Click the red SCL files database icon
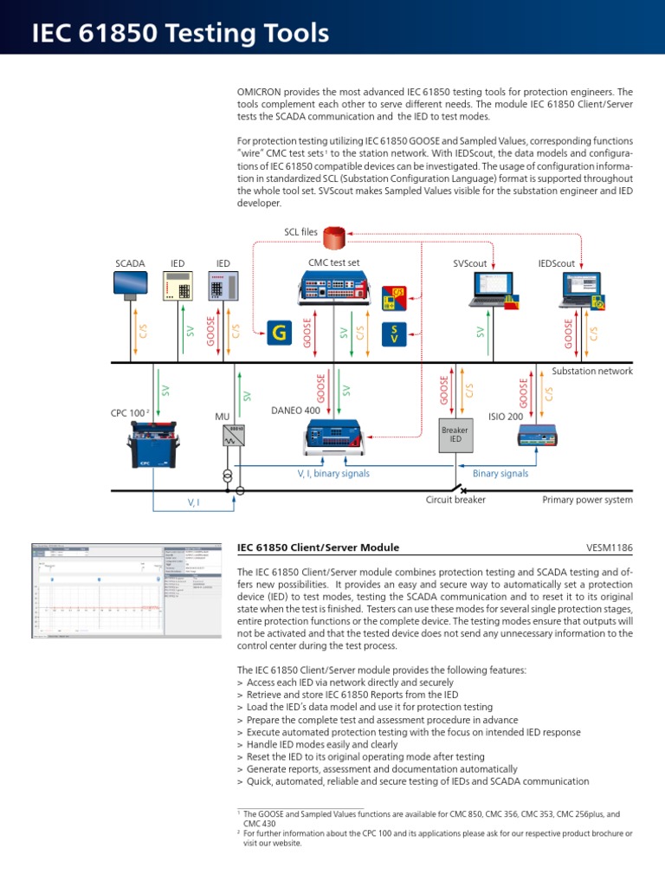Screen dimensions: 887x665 pyautogui.click(x=334, y=234)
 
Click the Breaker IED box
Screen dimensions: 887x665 pyautogui.click(x=454, y=435)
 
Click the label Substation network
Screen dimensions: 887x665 pyautogui.click(x=591, y=371)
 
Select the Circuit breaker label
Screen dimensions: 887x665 pyautogui.click(x=455, y=500)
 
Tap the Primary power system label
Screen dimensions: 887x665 pyautogui.click(x=587, y=500)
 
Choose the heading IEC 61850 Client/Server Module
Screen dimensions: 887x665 pyautogui.click(x=318, y=547)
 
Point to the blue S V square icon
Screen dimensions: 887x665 pyautogui.click(x=395, y=334)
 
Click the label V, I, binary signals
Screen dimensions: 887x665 pyautogui.click(x=333, y=474)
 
